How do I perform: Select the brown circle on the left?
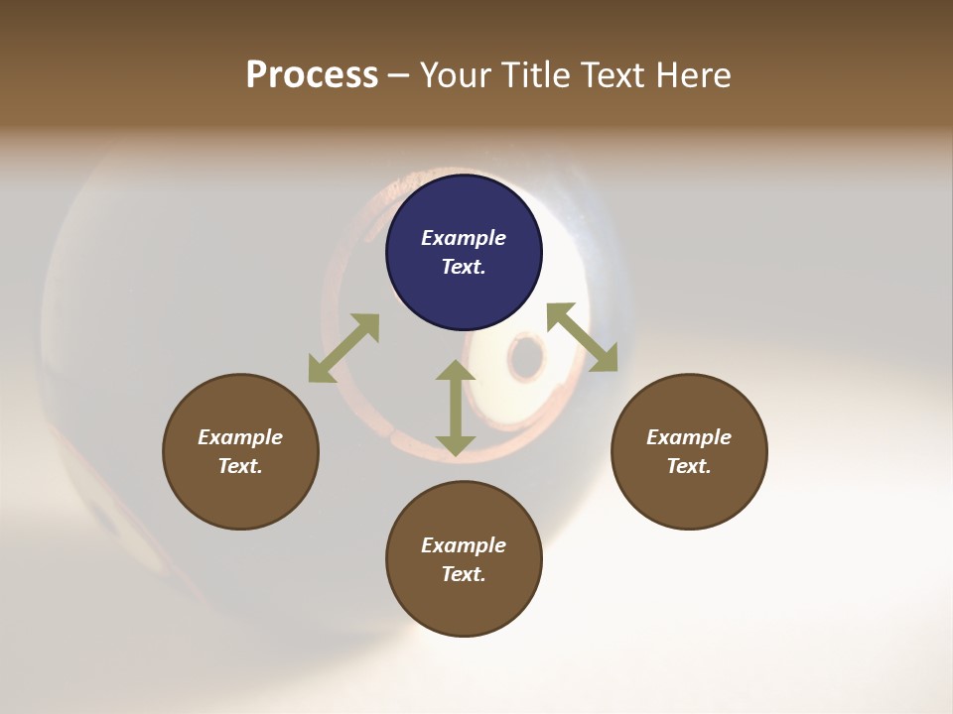tap(240, 451)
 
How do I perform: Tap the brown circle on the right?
tap(689, 451)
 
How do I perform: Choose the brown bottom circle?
tap(464, 559)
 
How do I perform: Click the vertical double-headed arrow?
tap(456, 408)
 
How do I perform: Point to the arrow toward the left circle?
tap(343, 348)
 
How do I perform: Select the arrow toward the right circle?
tap(583, 338)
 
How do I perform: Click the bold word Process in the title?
tap(312, 75)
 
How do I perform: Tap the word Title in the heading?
tap(537, 75)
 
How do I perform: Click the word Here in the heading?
tap(694, 75)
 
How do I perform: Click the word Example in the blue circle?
tap(464, 238)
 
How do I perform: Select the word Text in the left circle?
tap(240, 466)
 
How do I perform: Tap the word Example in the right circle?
tap(689, 437)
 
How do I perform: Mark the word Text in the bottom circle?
tap(463, 574)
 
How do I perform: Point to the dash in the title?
tap(399, 76)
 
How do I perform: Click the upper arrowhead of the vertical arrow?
tap(456, 372)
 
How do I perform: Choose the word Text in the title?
tap(615, 75)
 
